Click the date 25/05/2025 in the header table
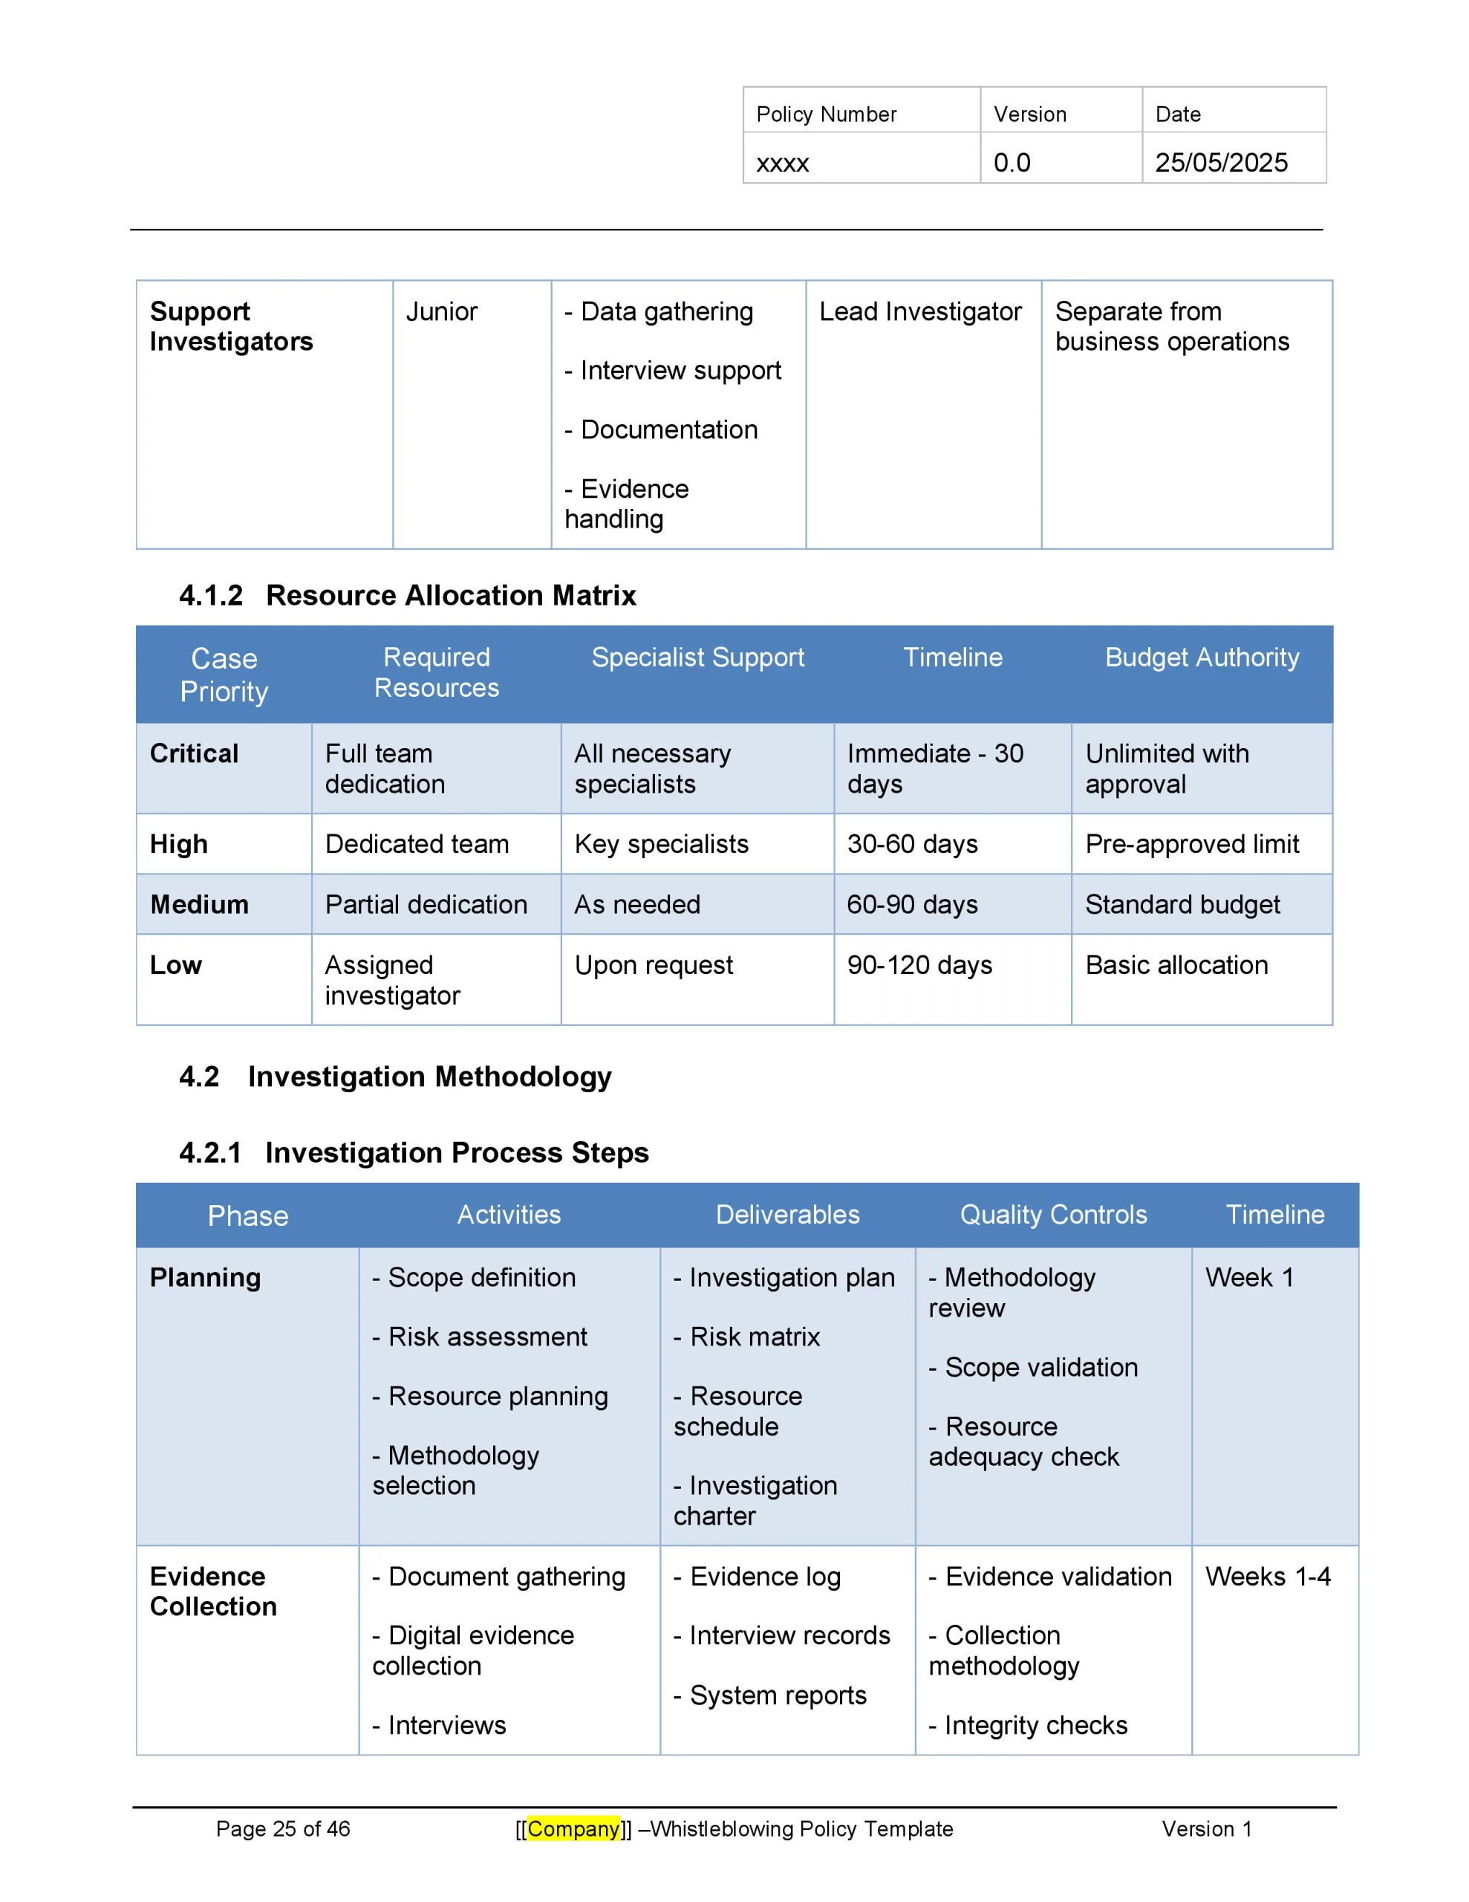tap(1221, 163)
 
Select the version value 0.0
tap(1012, 163)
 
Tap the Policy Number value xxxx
tap(782, 163)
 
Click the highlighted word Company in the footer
tap(573, 1828)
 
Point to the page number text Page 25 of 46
tap(283, 1828)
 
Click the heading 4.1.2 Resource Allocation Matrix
tap(408, 595)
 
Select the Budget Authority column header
tap(1202, 658)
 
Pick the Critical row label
tap(194, 753)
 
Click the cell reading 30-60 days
tap(912, 844)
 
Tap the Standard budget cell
tap(1182, 905)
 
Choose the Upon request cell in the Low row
tap(653, 965)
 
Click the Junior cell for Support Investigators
tap(441, 312)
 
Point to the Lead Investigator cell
tap(919, 312)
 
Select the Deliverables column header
tap(787, 1215)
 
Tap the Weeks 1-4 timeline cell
tap(1267, 1577)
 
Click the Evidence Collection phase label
tap(212, 1591)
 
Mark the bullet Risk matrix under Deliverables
tap(754, 1337)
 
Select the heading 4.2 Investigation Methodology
tap(395, 1077)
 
